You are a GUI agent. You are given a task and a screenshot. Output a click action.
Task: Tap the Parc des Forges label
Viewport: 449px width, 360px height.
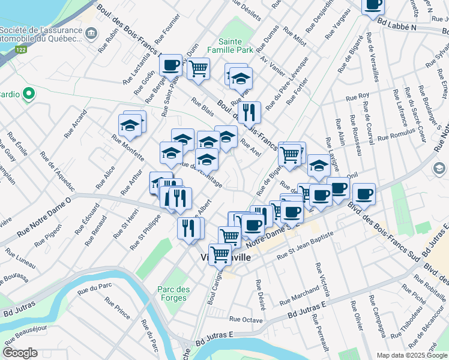point(174,294)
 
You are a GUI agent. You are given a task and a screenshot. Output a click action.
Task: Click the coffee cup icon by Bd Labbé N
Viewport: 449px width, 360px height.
point(373,5)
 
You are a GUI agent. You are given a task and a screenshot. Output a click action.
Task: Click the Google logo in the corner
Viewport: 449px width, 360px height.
point(20,353)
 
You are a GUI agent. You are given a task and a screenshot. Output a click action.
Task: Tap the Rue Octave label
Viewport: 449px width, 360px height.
point(246,320)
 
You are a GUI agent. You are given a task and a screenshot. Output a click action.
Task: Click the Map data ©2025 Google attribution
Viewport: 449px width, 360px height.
point(411,355)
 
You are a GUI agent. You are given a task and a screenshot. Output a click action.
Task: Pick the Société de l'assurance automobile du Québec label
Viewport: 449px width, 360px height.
point(41,34)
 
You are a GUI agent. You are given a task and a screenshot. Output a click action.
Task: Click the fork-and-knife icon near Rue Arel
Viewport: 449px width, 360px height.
point(249,112)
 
